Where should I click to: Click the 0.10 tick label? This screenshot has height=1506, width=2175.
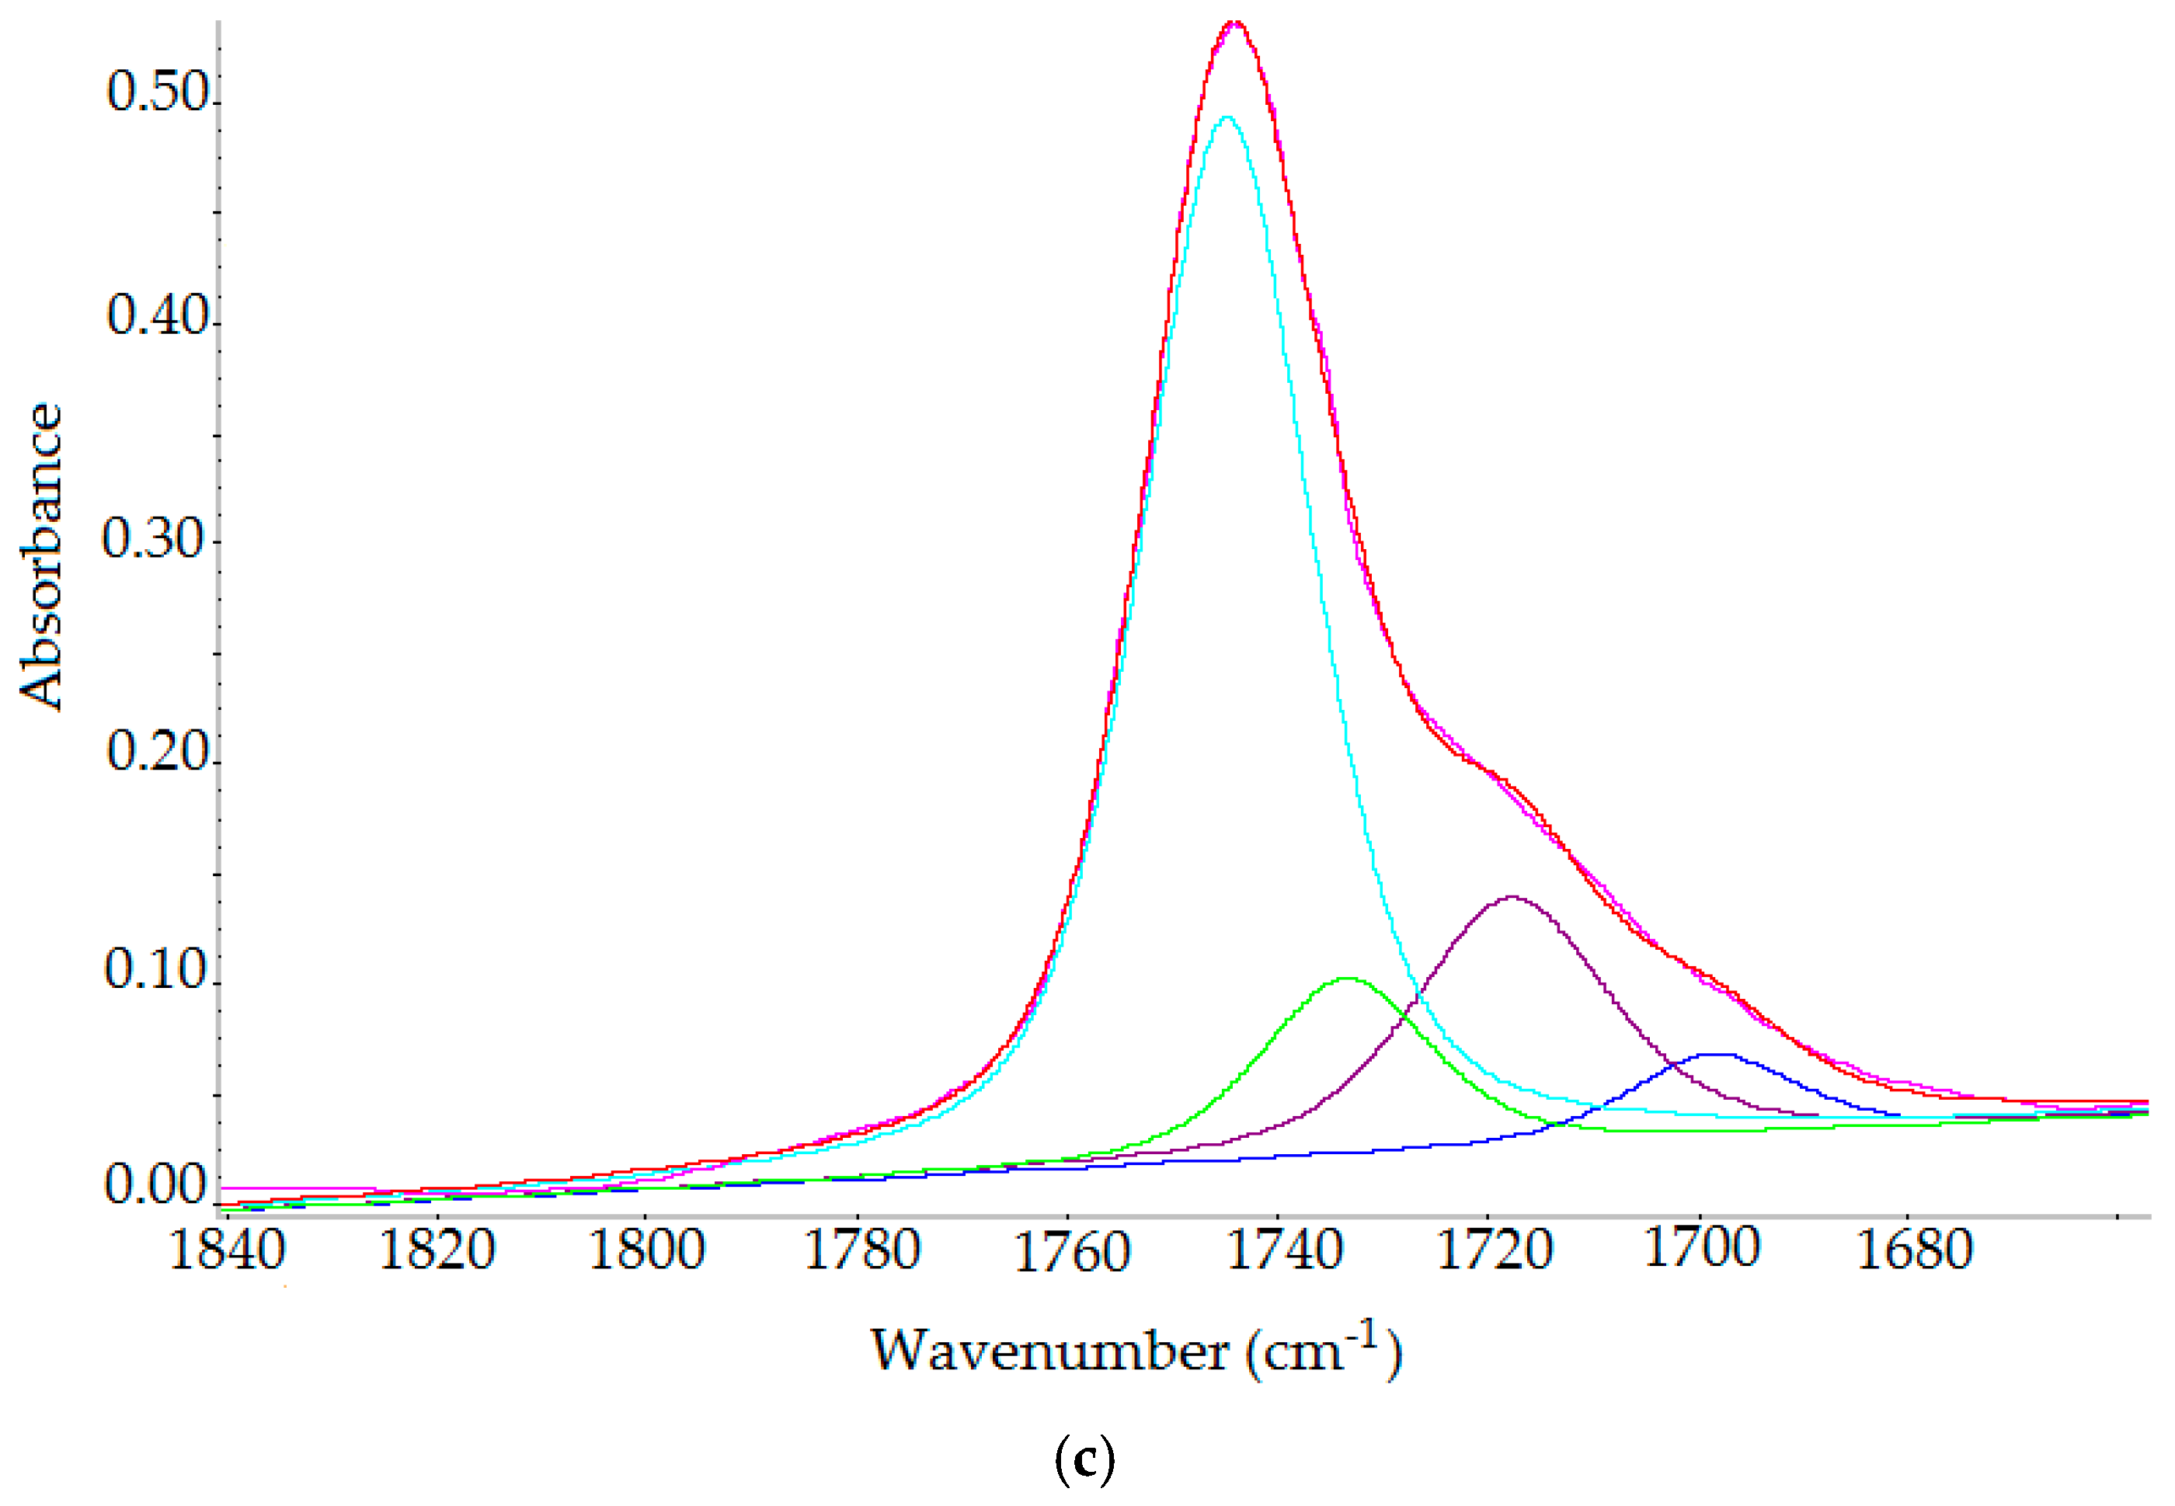155,969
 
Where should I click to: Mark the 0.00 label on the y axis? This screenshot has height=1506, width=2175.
155,1184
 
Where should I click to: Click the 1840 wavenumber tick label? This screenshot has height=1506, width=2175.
228,1250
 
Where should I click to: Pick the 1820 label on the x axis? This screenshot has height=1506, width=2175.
437,1250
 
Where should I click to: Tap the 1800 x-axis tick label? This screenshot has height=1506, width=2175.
647,1250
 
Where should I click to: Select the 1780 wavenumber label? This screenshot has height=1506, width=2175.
861,1250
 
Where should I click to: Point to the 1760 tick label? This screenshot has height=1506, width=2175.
1072,1251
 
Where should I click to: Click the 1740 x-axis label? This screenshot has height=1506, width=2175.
1283,1250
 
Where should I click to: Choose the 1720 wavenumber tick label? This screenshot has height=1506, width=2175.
1494,1250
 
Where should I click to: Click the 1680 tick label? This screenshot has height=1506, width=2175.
1916,1250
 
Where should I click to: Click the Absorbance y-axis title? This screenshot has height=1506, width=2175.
41,557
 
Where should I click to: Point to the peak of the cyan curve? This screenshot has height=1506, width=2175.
1226,117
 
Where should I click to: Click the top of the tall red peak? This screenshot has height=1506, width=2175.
1234,22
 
